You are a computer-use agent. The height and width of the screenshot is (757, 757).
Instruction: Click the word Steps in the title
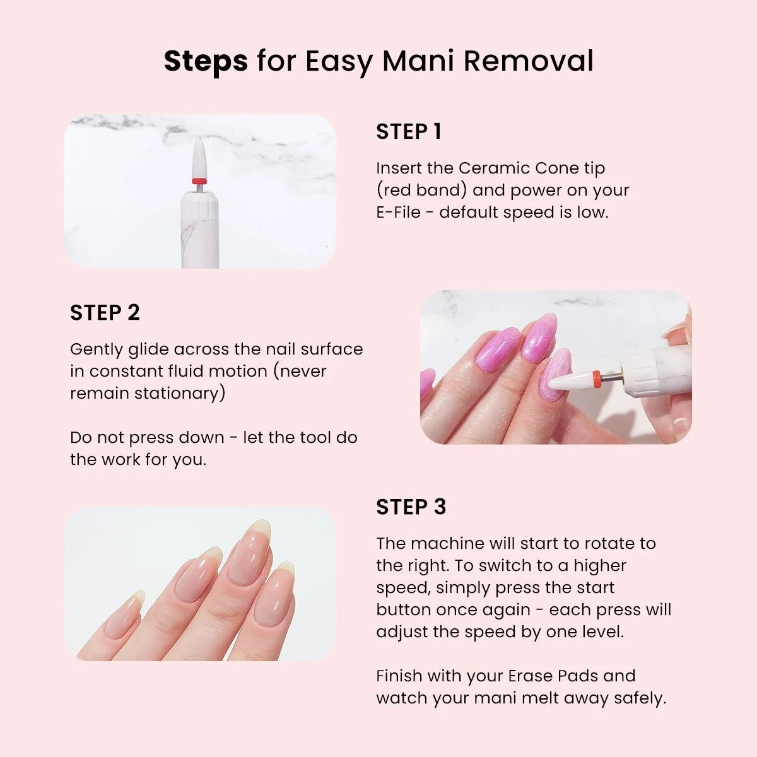[x=206, y=62]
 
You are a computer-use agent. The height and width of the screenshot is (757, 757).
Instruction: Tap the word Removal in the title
[x=529, y=61]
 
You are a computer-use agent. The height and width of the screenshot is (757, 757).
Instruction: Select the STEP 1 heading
[x=409, y=132]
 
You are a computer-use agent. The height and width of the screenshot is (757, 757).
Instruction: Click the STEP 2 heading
[x=105, y=313]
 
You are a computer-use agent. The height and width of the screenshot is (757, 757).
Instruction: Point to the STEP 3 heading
[x=411, y=507]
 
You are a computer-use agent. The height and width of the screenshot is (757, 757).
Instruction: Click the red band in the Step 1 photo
[x=199, y=181]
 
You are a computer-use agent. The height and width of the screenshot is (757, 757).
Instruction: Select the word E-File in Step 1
[x=398, y=213]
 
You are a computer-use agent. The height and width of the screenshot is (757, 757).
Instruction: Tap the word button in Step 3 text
[x=402, y=609]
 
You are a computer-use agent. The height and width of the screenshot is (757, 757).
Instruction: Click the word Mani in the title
[x=418, y=61]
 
